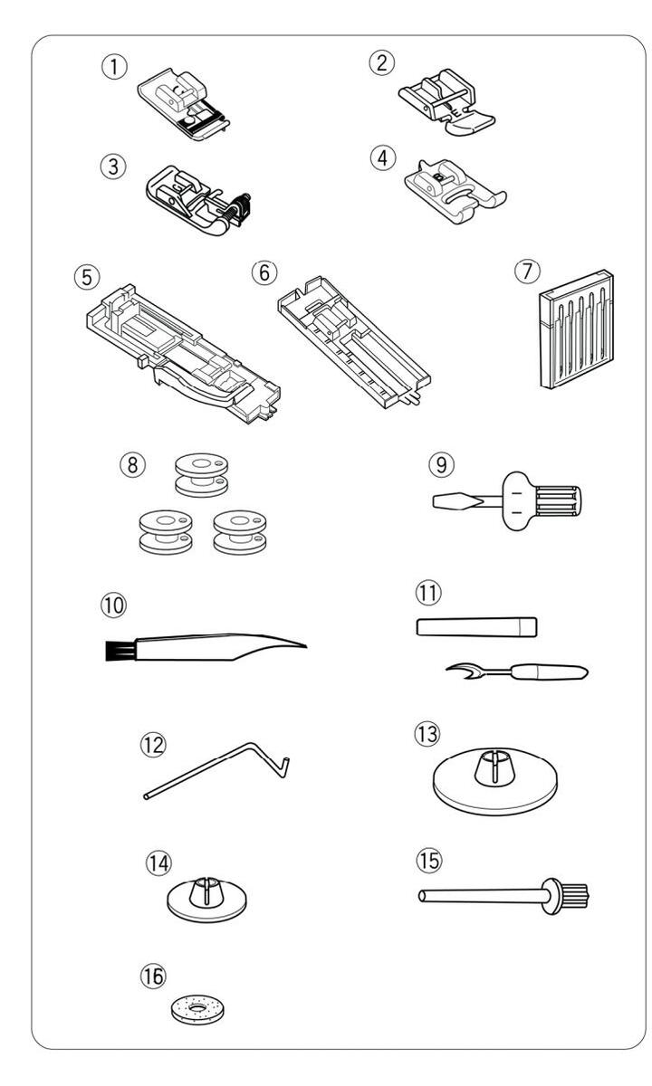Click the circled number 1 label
tap(115, 68)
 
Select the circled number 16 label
tap(152, 974)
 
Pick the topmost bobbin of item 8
tap(197, 478)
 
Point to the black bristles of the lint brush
tap(115, 648)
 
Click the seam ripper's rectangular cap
tap(476, 626)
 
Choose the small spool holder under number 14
tap(208, 900)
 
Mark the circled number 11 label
tap(426, 594)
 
